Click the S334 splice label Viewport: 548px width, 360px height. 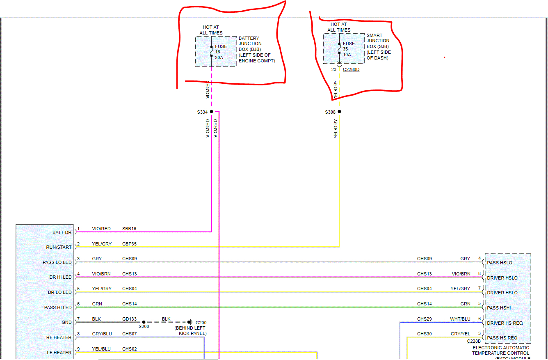pos(203,112)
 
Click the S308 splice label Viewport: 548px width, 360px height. pos(330,112)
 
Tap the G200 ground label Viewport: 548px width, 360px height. pos(201,323)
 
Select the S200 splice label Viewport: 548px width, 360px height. pos(144,327)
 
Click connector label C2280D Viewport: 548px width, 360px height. pos(351,70)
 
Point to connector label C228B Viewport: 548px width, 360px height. pos(474,341)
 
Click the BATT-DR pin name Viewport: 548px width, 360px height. pos(62,232)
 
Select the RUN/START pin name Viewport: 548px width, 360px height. pos(59,248)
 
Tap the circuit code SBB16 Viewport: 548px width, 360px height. pos(129,229)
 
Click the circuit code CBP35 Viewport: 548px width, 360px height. pos(129,244)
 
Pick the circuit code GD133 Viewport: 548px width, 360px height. pos(129,319)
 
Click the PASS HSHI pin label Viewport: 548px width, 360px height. pos(499,308)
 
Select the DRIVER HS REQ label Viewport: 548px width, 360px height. pos(505,323)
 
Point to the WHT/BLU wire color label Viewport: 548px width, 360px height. pos(460,319)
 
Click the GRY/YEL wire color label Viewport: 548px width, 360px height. pos(461,334)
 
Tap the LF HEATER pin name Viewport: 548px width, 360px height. pos(59,353)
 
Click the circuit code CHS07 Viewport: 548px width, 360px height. pos(129,334)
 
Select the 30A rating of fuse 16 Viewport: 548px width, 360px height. pos(219,57)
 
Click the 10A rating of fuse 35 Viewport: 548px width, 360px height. pos(347,55)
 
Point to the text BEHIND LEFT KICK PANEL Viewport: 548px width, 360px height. pos(190,331)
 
